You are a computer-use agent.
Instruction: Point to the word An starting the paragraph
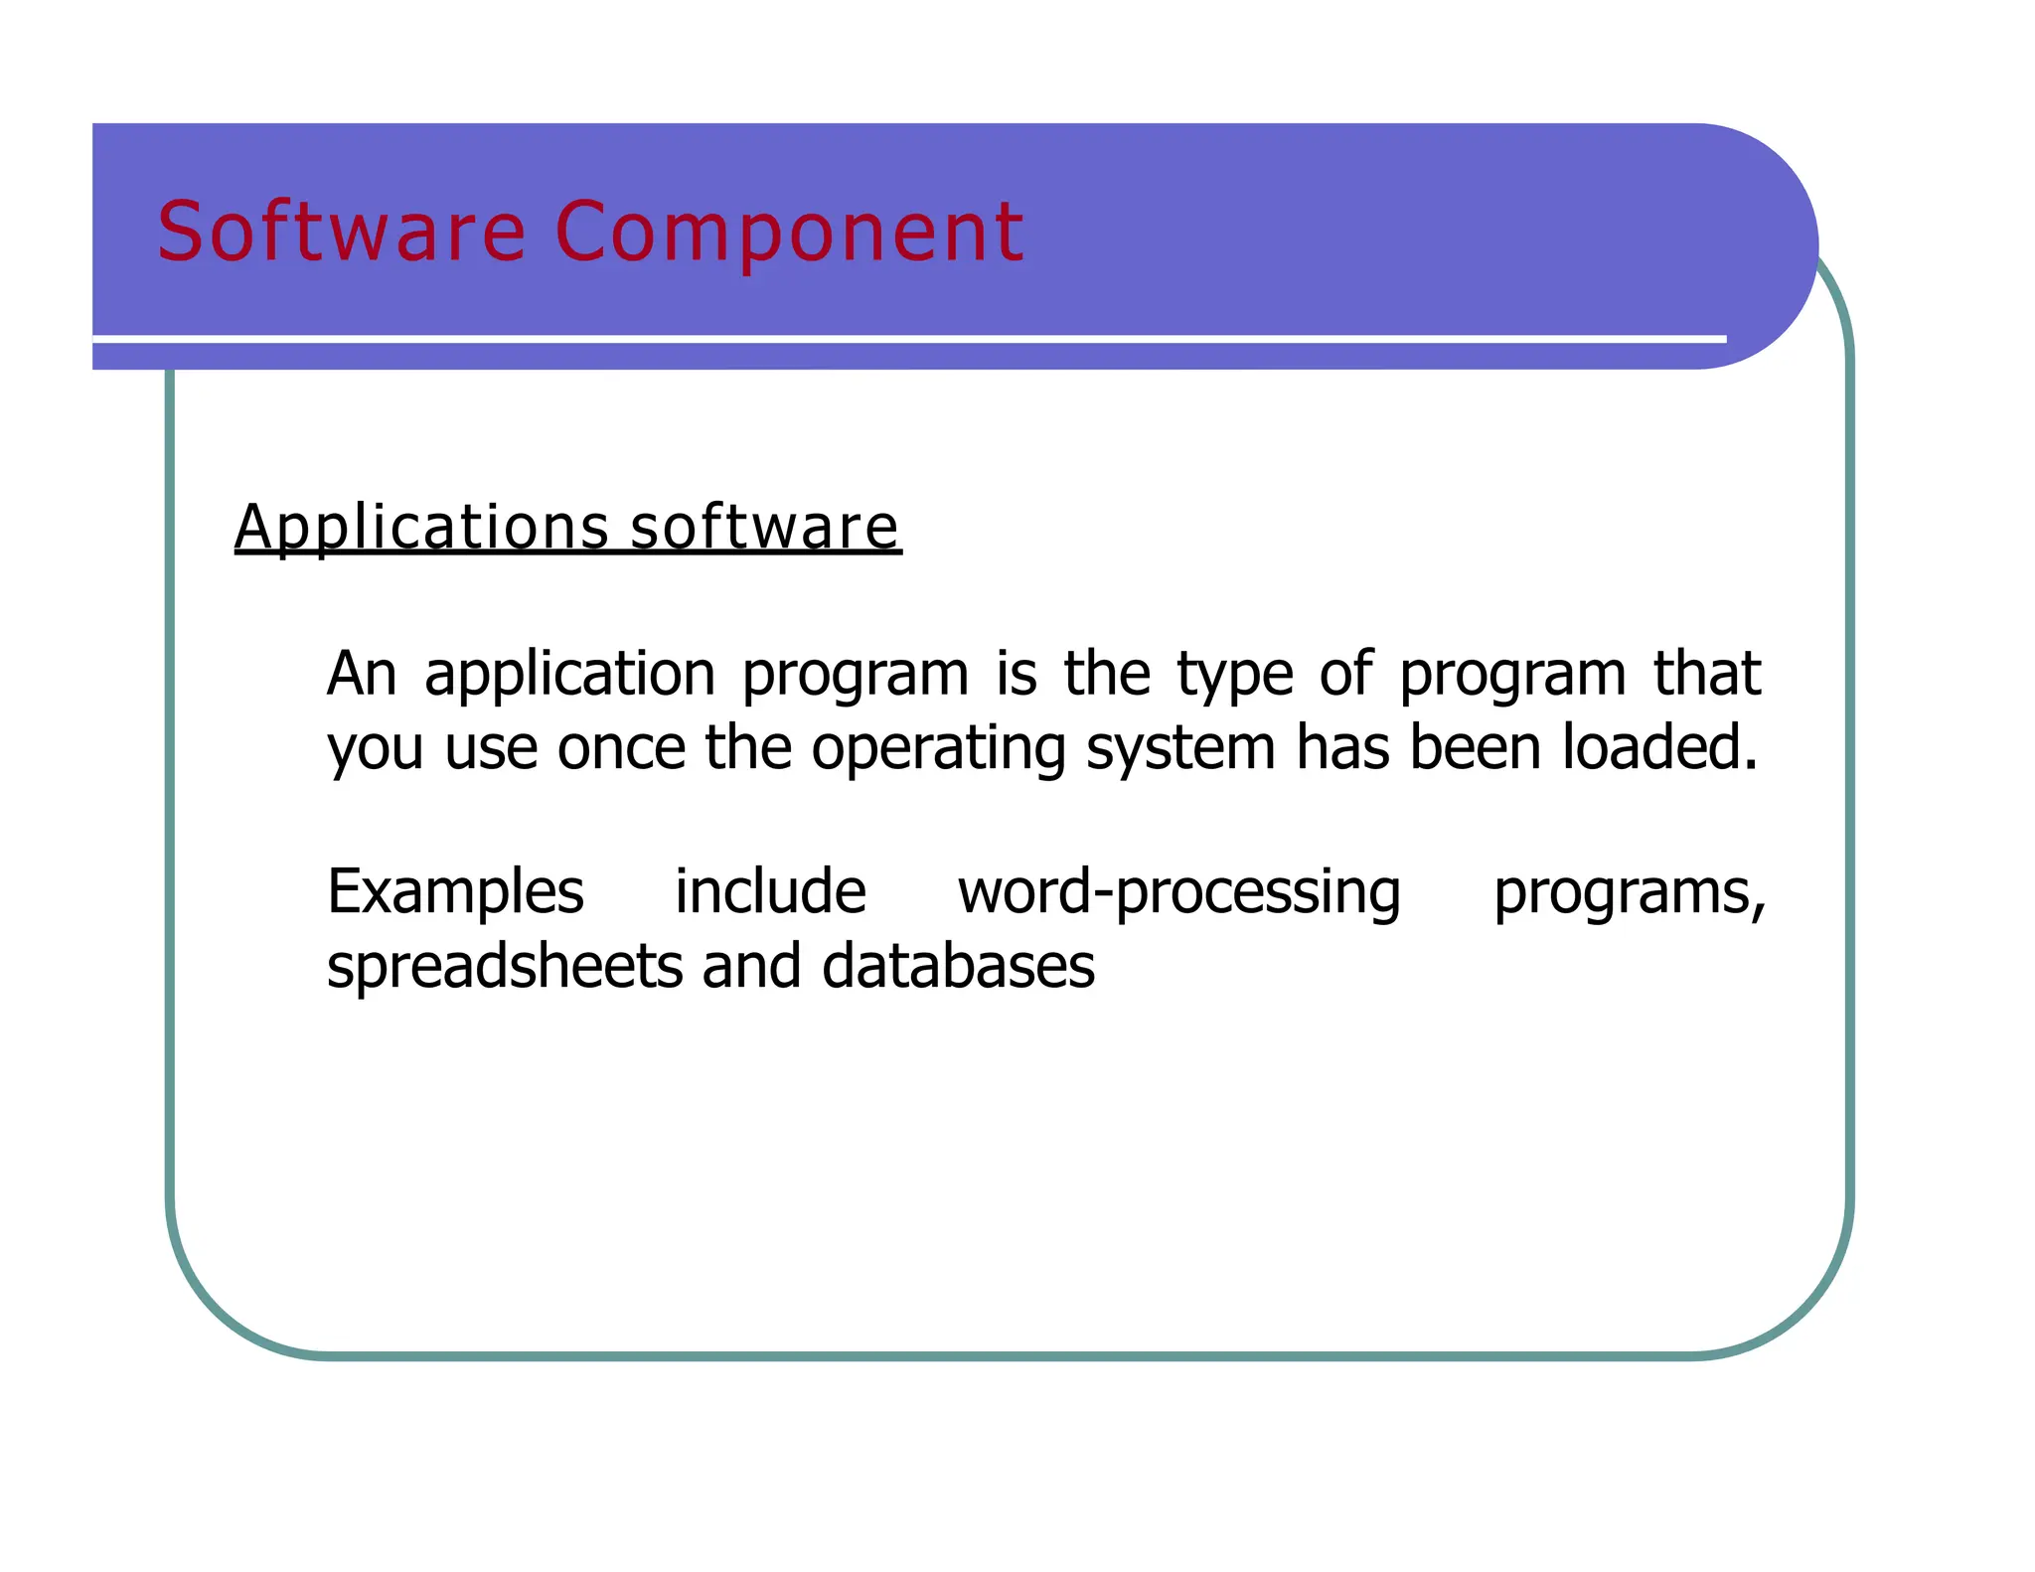[362, 673]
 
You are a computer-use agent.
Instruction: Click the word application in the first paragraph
[569, 675]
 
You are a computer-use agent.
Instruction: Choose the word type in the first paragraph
[1235, 675]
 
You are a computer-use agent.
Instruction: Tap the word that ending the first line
[1706, 673]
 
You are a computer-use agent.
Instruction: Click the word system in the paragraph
[1180, 748]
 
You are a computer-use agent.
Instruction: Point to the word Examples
[455, 892]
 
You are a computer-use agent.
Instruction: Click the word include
[770, 891]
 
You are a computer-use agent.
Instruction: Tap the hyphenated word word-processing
[1179, 892]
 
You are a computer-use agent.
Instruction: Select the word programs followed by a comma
[1628, 892]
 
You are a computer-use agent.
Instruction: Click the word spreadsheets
[505, 967]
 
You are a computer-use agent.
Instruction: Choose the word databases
[958, 966]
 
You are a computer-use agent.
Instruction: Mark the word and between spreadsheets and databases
[751, 966]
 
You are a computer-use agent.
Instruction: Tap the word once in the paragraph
[621, 748]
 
